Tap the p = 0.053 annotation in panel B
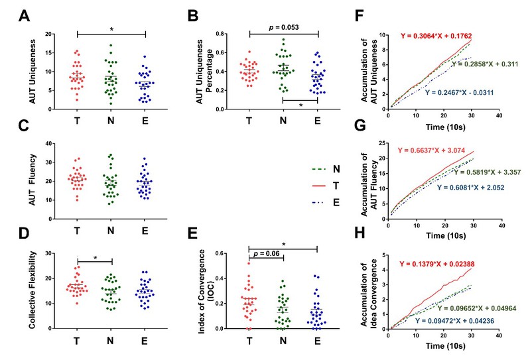[x=284, y=27]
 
